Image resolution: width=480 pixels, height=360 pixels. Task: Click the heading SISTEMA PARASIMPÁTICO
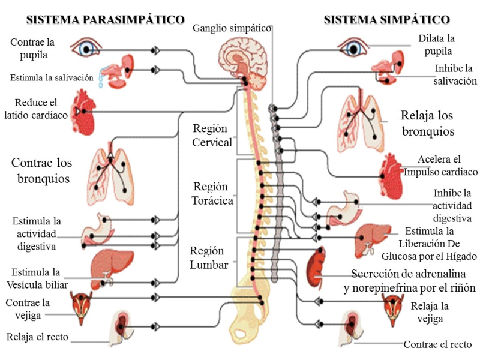tap(105, 20)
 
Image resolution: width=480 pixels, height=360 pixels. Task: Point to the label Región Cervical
tap(212, 135)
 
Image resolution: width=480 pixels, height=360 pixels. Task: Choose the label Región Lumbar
tap(209, 257)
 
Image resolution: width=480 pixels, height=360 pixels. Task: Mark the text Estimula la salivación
tap(52, 77)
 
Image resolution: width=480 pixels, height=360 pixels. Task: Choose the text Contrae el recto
tap(437, 344)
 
